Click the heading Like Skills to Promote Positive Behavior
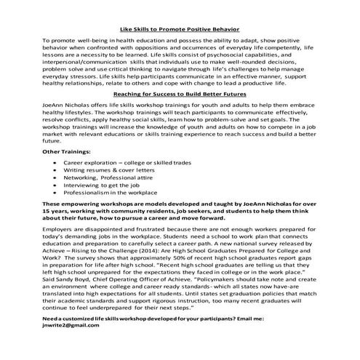[180, 26]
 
